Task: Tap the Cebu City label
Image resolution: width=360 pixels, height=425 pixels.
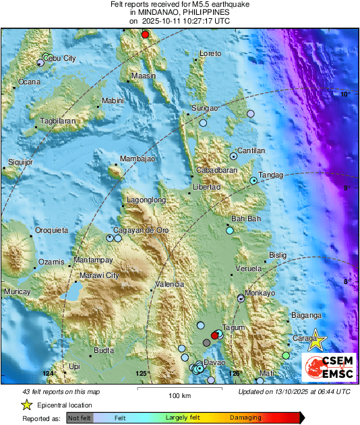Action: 60,59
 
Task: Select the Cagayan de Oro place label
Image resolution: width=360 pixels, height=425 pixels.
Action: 143,231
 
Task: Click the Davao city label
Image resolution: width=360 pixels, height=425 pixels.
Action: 214,363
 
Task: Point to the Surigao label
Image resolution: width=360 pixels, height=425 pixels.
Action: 205,108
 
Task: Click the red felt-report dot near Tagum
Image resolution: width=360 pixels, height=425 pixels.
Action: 215,335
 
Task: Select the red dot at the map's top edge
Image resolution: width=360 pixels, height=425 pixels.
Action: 144,34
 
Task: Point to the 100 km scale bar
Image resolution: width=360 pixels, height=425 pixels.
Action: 177,389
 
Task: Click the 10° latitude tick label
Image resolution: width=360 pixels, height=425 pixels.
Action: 344,94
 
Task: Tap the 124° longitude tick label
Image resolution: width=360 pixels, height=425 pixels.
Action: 48,373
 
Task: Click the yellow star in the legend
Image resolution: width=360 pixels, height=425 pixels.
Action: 26,405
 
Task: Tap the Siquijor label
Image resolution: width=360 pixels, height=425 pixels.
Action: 20,162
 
